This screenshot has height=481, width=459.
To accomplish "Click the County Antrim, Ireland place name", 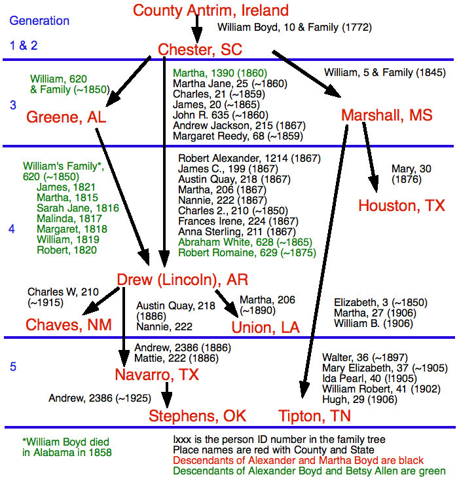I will pyautogui.click(x=210, y=10).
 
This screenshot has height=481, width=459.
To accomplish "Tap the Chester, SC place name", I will pyautogui.click(x=200, y=49).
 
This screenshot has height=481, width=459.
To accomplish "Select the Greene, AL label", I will pyautogui.click(x=66, y=117).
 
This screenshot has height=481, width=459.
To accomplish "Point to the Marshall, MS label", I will pyautogui.click(x=387, y=115).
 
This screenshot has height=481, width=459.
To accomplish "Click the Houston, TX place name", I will pyautogui.click(x=401, y=206).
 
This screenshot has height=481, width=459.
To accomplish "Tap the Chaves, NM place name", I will pyautogui.click(x=69, y=324).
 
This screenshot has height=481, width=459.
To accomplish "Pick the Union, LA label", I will pyautogui.click(x=266, y=326).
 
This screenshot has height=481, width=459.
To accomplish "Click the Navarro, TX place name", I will pyautogui.click(x=156, y=375).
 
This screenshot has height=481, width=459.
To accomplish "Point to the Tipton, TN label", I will pyautogui.click(x=315, y=415).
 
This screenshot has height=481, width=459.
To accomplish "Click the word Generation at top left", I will pyautogui.click(x=39, y=20).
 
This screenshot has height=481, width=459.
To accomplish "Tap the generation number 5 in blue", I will pyautogui.click(x=13, y=367).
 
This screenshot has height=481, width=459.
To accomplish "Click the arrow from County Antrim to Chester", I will pyautogui.click(x=198, y=28).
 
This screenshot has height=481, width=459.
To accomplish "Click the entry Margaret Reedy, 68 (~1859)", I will pyautogui.click(x=238, y=136).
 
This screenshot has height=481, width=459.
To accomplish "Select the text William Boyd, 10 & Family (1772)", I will pyautogui.click(x=295, y=28).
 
